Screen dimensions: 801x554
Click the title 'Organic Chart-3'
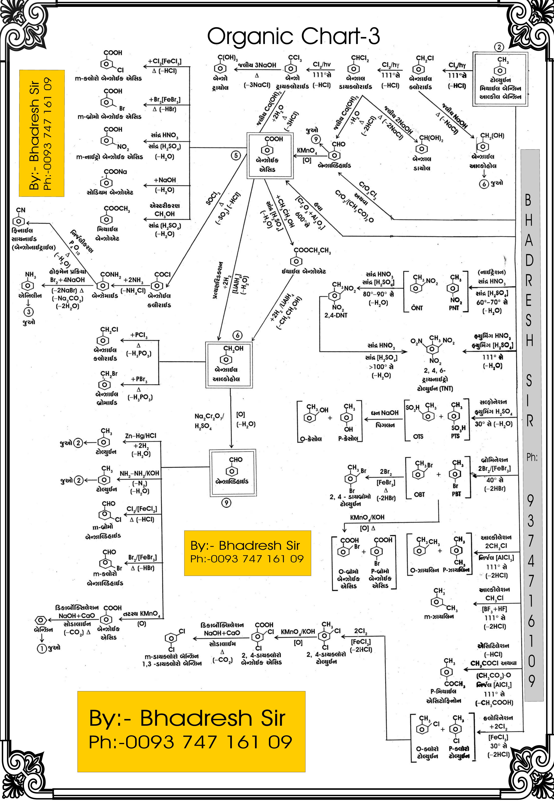(293, 36)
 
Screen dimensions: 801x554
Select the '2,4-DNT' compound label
(336, 315)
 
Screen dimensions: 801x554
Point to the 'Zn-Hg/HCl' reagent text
(141, 436)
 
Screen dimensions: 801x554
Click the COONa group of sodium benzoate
(115, 172)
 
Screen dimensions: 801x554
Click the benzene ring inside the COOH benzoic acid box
(267, 150)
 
